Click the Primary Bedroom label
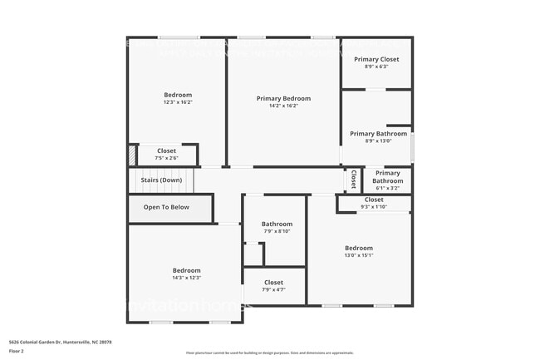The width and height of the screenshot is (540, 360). click(x=283, y=98)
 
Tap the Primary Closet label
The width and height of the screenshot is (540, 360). click(x=376, y=59)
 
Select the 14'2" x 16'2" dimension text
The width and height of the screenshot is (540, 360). click(x=283, y=106)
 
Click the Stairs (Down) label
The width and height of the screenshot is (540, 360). click(x=161, y=180)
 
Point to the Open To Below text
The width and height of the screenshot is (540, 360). click(x=166, y=207)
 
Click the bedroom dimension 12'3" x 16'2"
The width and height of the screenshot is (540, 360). click(x=178, y=102)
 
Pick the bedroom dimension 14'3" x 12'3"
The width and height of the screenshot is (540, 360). click(x=186, y=278)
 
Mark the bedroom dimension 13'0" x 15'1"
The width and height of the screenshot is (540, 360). click(x=359, y=255)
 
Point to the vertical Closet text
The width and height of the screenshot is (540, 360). click(x=353, y=179)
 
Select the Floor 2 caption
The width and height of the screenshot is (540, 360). click(x=17, y=350)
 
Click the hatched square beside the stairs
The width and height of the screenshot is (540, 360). click(x=131, y=155)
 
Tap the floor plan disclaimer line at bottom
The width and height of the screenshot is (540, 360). click(x=269, y=353)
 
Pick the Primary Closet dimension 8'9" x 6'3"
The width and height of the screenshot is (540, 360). click(x=376, y=67)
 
